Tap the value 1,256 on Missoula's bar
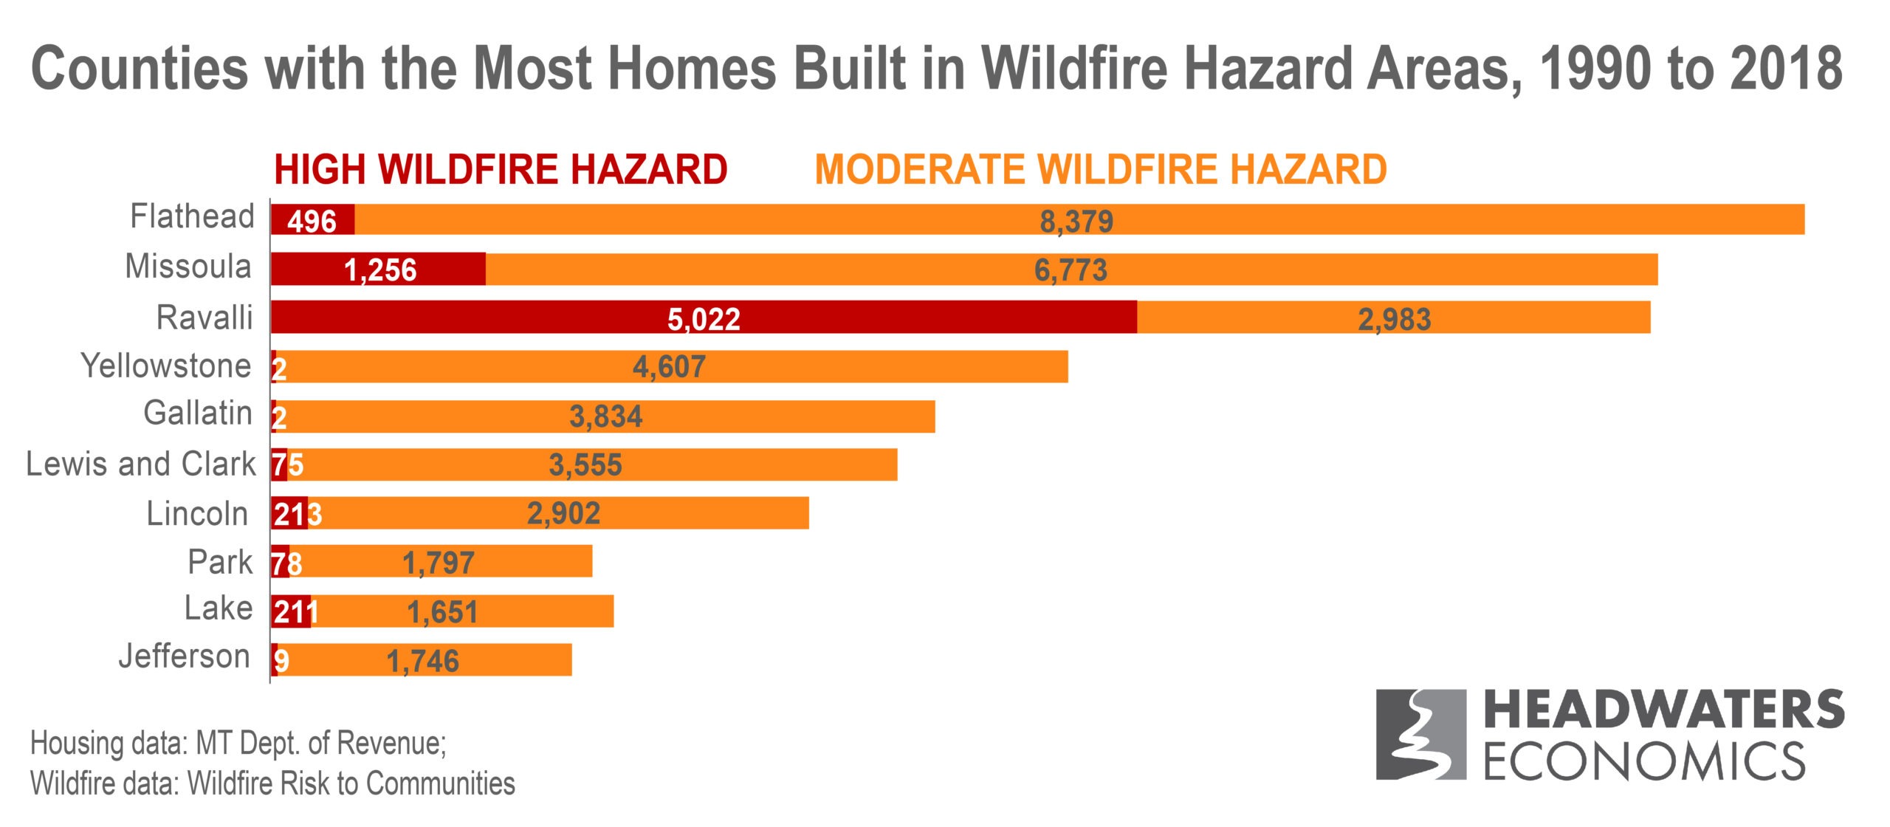380,270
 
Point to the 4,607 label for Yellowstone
669,367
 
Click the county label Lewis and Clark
140,464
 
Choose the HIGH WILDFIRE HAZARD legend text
501,170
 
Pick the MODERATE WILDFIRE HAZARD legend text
1100,170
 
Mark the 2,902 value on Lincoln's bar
563,513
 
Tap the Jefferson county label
185,656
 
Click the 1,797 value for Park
438,563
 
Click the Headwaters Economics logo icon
1420,734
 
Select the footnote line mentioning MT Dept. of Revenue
238,744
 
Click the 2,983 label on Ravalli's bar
1394,320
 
